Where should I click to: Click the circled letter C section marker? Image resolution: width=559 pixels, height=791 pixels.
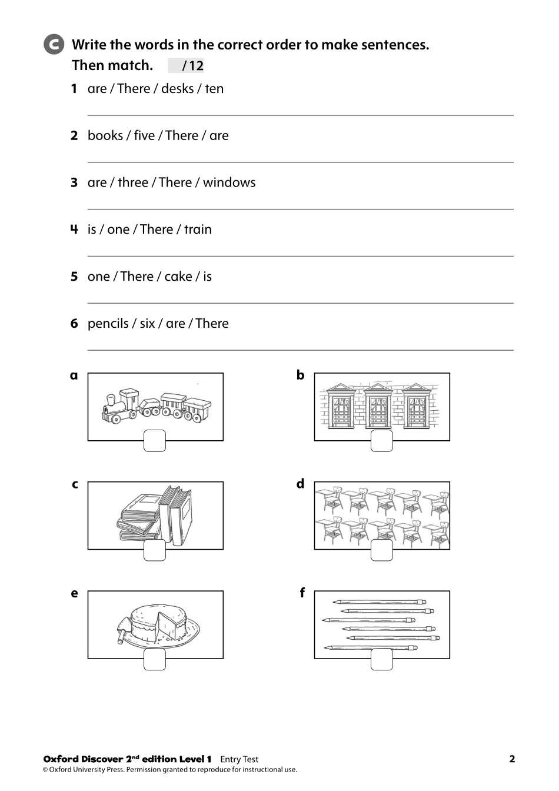(54, 45)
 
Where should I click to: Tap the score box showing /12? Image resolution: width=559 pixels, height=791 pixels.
(187, 66)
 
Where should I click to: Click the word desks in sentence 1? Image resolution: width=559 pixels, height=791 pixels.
(177, 89)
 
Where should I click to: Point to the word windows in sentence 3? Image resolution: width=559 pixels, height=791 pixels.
(229, 183)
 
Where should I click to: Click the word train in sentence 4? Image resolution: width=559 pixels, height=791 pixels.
(198, 230)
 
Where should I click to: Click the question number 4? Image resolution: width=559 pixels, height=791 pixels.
(74, 230)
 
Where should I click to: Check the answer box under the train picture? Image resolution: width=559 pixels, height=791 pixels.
(155, 441)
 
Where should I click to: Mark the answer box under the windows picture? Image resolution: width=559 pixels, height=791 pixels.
(381, 441)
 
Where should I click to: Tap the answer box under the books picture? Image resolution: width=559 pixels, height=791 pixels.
(155, 550)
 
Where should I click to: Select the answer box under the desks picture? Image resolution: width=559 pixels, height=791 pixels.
(381, 550)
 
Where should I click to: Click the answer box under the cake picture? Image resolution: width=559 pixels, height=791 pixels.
(155, 659)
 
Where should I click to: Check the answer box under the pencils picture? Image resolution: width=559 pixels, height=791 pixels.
(381, 659)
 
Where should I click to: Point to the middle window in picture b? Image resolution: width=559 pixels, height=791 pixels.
(378, 407)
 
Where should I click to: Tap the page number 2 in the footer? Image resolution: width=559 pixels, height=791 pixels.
(511, 759)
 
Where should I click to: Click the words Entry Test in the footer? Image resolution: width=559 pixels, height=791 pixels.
(239, 760)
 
